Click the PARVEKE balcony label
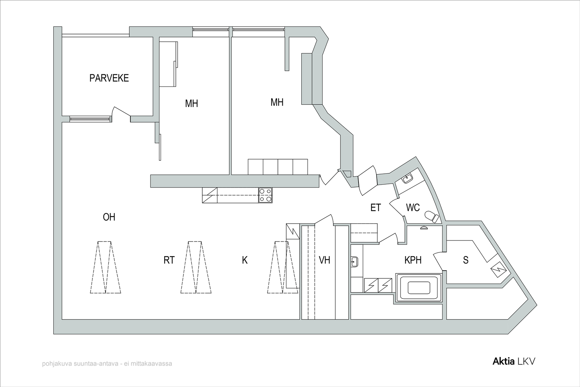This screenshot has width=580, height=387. coord(109,78)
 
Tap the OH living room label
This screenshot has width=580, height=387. coord(109,217)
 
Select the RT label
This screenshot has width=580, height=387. coord(169,260)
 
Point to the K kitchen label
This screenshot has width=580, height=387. coord(245,260)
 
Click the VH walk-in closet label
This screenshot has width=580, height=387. coord(324,260)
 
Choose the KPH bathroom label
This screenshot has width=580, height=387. coord(413,260)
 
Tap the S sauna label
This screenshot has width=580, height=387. coord(465,260)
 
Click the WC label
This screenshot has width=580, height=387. coord(413,207)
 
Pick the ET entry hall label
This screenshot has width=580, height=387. coord(376,207)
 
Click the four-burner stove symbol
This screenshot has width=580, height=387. coord(265,195)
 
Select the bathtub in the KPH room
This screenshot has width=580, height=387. coord(419,288)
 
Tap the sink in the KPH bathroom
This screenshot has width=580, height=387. coord(355,262)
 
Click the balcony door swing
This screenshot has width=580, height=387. coord(121,114)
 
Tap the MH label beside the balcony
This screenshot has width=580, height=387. coord(191,104)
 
